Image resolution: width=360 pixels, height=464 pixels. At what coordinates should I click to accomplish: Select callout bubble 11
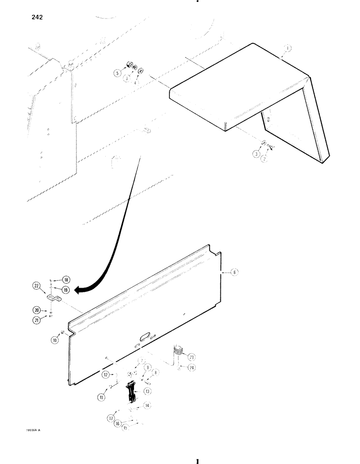tap(102, 397)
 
